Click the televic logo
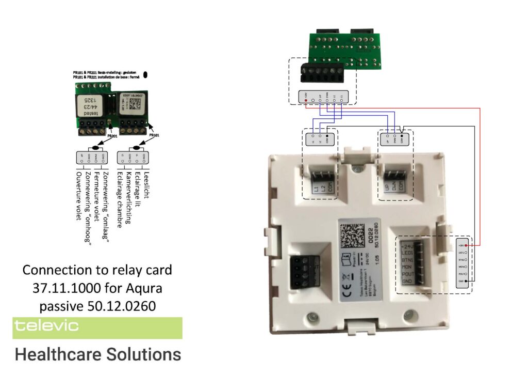[46, 326]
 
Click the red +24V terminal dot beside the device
[466, 245]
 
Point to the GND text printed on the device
[407, 281]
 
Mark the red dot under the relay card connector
[306, 101]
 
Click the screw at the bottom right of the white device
[409, 314]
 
